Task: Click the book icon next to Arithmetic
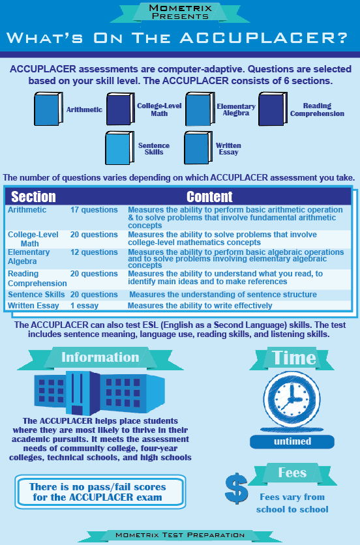pyautogui.click(x=49, y=110)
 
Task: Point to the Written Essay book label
pyautogui.click(x=228, y=149)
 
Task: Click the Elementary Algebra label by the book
pyautogui.click(x=235, y=110)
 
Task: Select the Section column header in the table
pyautogui.click(x=33, y=196)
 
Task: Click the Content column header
pyautogui.click(x=209, y=196)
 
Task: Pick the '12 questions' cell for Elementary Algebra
pyautogui.click(x=94, y=253)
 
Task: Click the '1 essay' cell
pyautogui.click(x=84, y=305)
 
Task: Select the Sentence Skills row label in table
pyautogui.click(x=36, y=295)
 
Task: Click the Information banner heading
pyautogui.click(x=100, y=357)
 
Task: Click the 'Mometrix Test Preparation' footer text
pyautogui.click(x=180, y=535)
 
